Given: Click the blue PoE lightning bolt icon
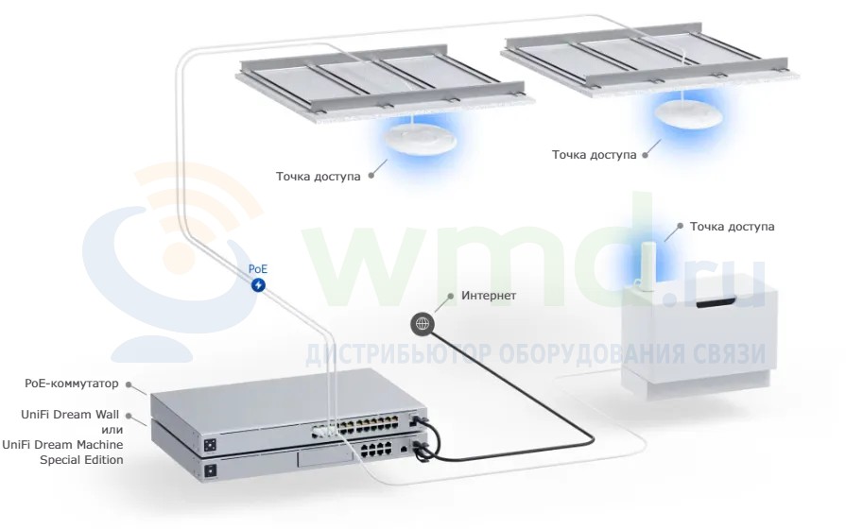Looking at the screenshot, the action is [x=258, y=284].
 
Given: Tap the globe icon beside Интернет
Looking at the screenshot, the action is [x=423, y=324].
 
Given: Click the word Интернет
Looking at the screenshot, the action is [x=489, y=296].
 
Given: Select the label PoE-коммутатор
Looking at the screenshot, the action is [x=71, y=384].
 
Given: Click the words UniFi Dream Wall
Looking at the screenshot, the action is [x=70, y=415].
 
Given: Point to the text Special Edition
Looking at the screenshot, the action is [x=81, y=460].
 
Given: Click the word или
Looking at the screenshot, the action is [x=112, y=430].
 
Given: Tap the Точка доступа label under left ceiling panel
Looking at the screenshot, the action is [x=319, y=177].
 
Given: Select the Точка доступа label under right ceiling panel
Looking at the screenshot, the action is [x=594, y=155].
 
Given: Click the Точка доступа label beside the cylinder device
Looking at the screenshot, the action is [x=733, y=227].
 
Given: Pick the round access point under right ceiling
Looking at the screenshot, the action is [x=688, y=113].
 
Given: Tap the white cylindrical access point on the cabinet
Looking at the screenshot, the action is [x=647, y=265].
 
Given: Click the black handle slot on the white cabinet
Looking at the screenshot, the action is [x=718, y=303].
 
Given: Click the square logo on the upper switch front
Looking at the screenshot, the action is [x=210, y=445].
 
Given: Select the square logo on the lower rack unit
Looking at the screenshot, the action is [x=210, y=470].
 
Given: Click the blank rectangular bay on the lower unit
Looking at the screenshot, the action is [x=324, y=458].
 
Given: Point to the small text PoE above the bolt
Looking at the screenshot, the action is [x=258, y=268].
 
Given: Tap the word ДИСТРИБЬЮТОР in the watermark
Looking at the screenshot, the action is [x=398, y=354].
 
